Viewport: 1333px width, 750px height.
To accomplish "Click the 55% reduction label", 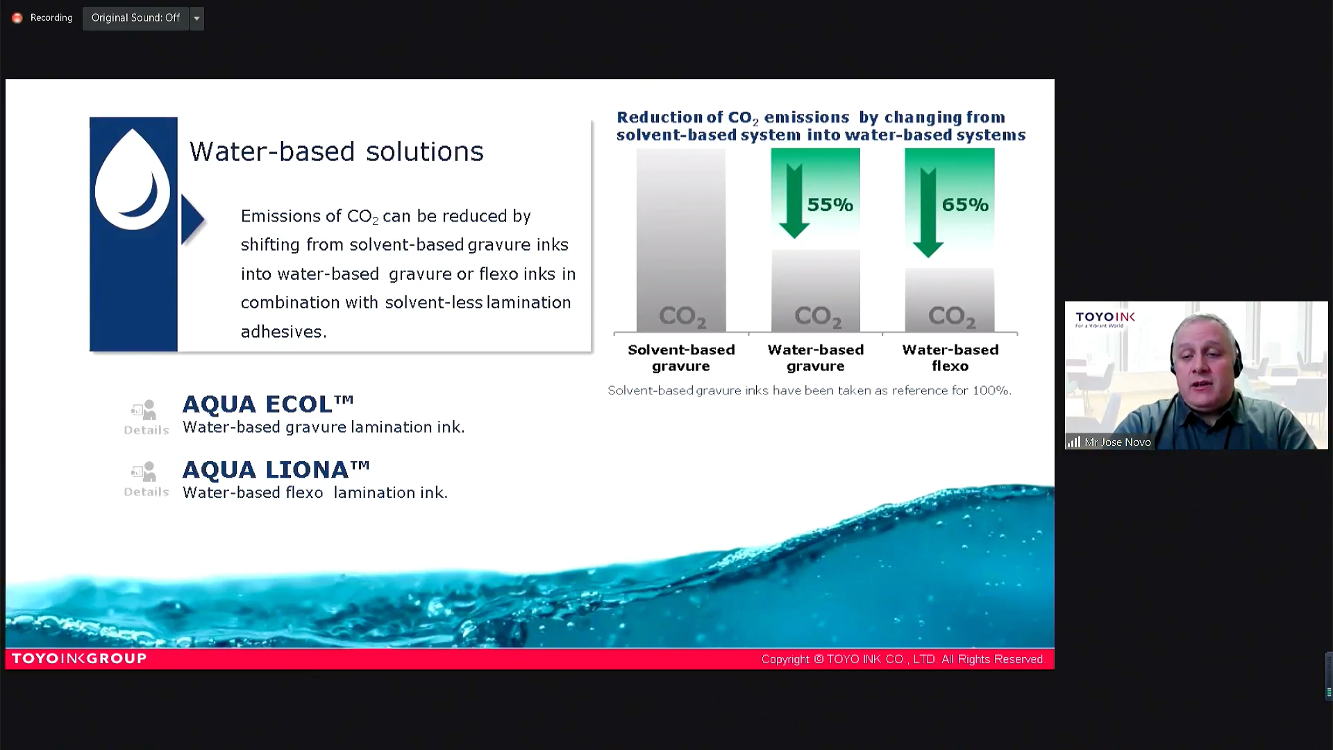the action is [x=830, y=205].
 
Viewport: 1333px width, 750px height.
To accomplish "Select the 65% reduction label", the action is [x=965, y=205].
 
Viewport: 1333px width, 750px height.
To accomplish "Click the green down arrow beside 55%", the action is [x=794, y=201].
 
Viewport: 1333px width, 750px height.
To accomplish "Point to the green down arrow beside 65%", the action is [x=928, y=212].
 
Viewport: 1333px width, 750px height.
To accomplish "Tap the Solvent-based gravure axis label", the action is [x=681, y=358].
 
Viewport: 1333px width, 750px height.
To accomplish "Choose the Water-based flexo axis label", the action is [x=950, y=358].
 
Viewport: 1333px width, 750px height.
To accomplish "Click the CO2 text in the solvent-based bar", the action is [x=682, y=317].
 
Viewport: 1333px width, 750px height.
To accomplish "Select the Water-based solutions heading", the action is [x=337, y=151].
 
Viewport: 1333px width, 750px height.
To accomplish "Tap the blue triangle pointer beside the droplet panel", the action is [x=192, y=219].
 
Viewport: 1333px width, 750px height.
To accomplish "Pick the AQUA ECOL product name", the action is [x=268, y=403].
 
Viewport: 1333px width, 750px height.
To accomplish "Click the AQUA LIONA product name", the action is [x=276, y=469].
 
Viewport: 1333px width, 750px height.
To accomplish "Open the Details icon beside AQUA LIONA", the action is [x=146, y=480].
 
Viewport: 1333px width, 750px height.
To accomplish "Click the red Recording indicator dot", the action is [x=17, y=18].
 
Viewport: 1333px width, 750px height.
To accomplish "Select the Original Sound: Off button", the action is [x=135, y=18].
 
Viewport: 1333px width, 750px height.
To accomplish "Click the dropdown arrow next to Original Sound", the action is [x=196, y=18].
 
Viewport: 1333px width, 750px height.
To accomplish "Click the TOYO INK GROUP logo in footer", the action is [x=79, y=658].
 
